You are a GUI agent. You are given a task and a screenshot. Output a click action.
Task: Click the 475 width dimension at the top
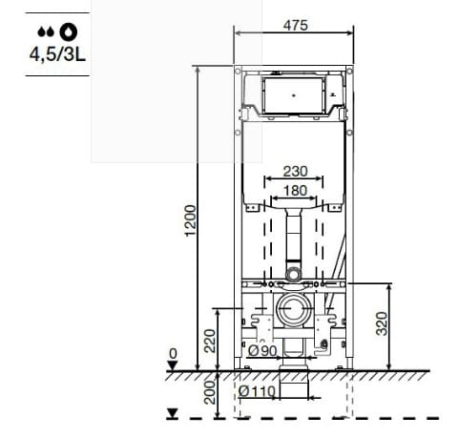coord(296,26)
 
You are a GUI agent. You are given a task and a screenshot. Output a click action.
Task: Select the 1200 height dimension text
coord(190,221)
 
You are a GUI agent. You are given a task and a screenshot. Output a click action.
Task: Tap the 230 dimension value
coord(295,172)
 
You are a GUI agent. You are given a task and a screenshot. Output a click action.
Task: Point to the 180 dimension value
coord(295,191)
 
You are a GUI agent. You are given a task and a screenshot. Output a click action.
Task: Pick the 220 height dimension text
coord(210,339)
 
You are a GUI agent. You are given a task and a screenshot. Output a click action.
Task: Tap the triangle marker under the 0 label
coord(173,366)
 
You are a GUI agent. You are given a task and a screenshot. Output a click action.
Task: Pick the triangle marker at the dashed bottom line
coord(173,413)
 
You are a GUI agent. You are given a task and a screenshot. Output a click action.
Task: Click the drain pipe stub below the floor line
coord(295,386)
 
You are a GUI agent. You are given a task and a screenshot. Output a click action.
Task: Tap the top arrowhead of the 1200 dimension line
coord(198,69)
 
